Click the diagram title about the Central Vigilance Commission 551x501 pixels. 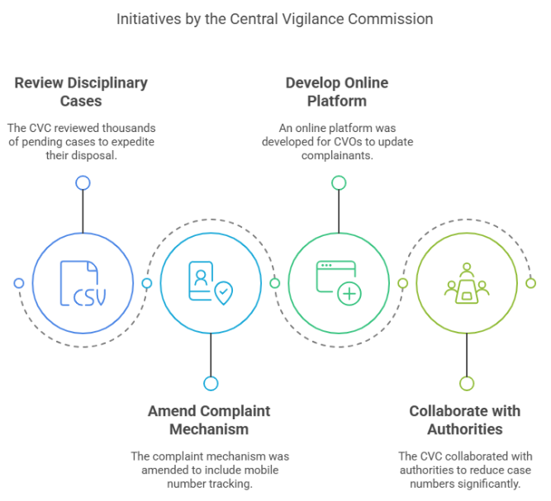(275, 17)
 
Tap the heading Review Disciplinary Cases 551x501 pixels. (81, 92)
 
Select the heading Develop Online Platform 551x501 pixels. (337, 92)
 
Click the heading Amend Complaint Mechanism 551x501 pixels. (209, 419)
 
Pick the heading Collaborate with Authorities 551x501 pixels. (465, 419)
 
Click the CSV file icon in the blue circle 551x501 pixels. (83, 283)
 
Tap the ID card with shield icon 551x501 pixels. (211, 283)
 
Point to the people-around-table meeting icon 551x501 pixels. (467, 283)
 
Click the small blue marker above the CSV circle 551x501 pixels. (83, 182)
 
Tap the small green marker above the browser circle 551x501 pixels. (339, 182)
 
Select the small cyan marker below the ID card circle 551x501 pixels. (211, 383)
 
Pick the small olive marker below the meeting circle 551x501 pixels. (467, 383)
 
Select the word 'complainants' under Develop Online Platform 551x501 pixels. (337, 155)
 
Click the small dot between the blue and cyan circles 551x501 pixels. (147, 283)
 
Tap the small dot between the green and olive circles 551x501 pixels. (403, 283)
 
